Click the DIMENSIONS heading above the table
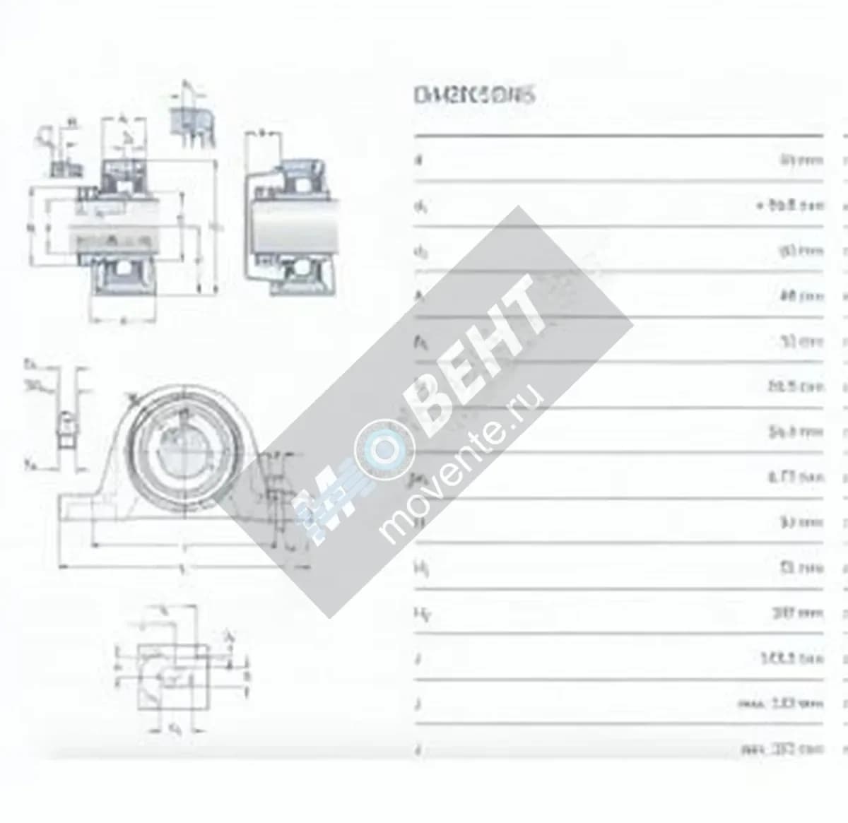pos(473,95)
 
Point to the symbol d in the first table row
pos(418,160)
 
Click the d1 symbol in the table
pos(420,206)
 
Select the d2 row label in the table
pos(420,252)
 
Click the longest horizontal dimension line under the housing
pos(184,567)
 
